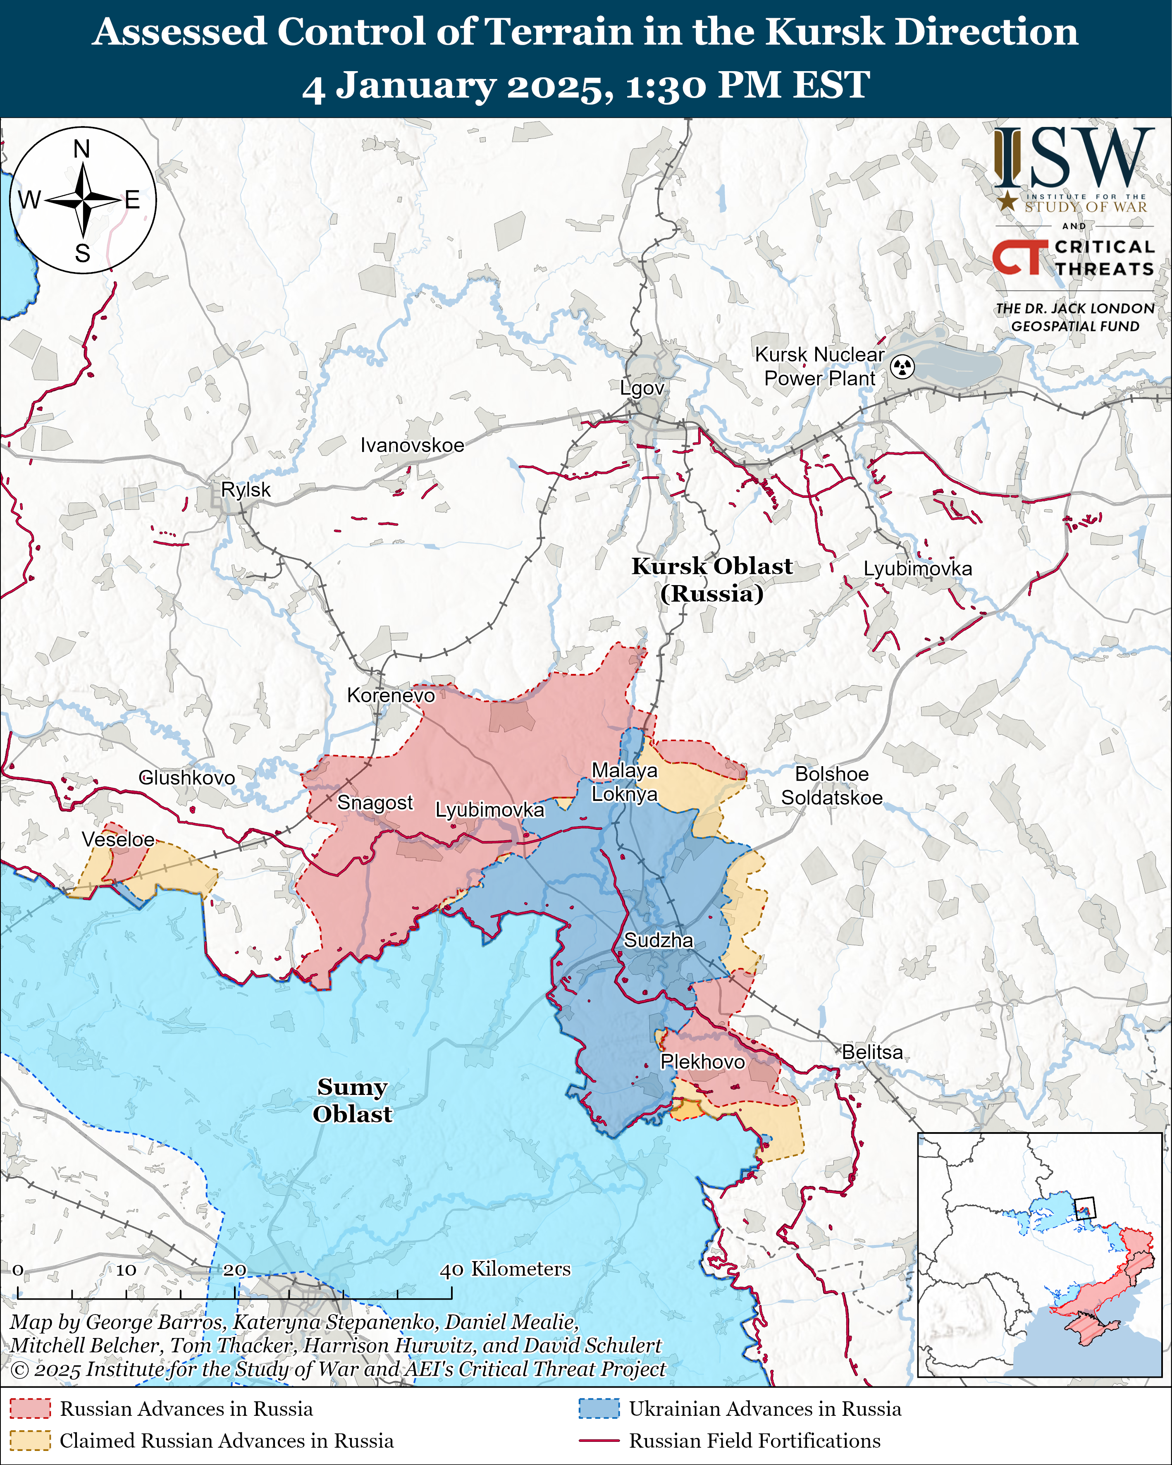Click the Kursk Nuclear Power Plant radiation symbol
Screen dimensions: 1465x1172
pos(902,367)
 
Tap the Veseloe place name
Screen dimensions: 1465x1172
pos(118,839)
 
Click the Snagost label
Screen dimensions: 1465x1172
pos(375,803)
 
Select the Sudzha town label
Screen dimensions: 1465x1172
pos(659,940)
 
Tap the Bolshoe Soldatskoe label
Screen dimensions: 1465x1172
pos(832,786)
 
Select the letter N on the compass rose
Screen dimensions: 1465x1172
pos(81,148)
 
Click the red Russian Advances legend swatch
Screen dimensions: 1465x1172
pos(30,1409)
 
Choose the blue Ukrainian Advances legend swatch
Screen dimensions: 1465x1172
pos(599,1409)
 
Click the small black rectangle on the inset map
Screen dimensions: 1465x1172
pos(1085,1208)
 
